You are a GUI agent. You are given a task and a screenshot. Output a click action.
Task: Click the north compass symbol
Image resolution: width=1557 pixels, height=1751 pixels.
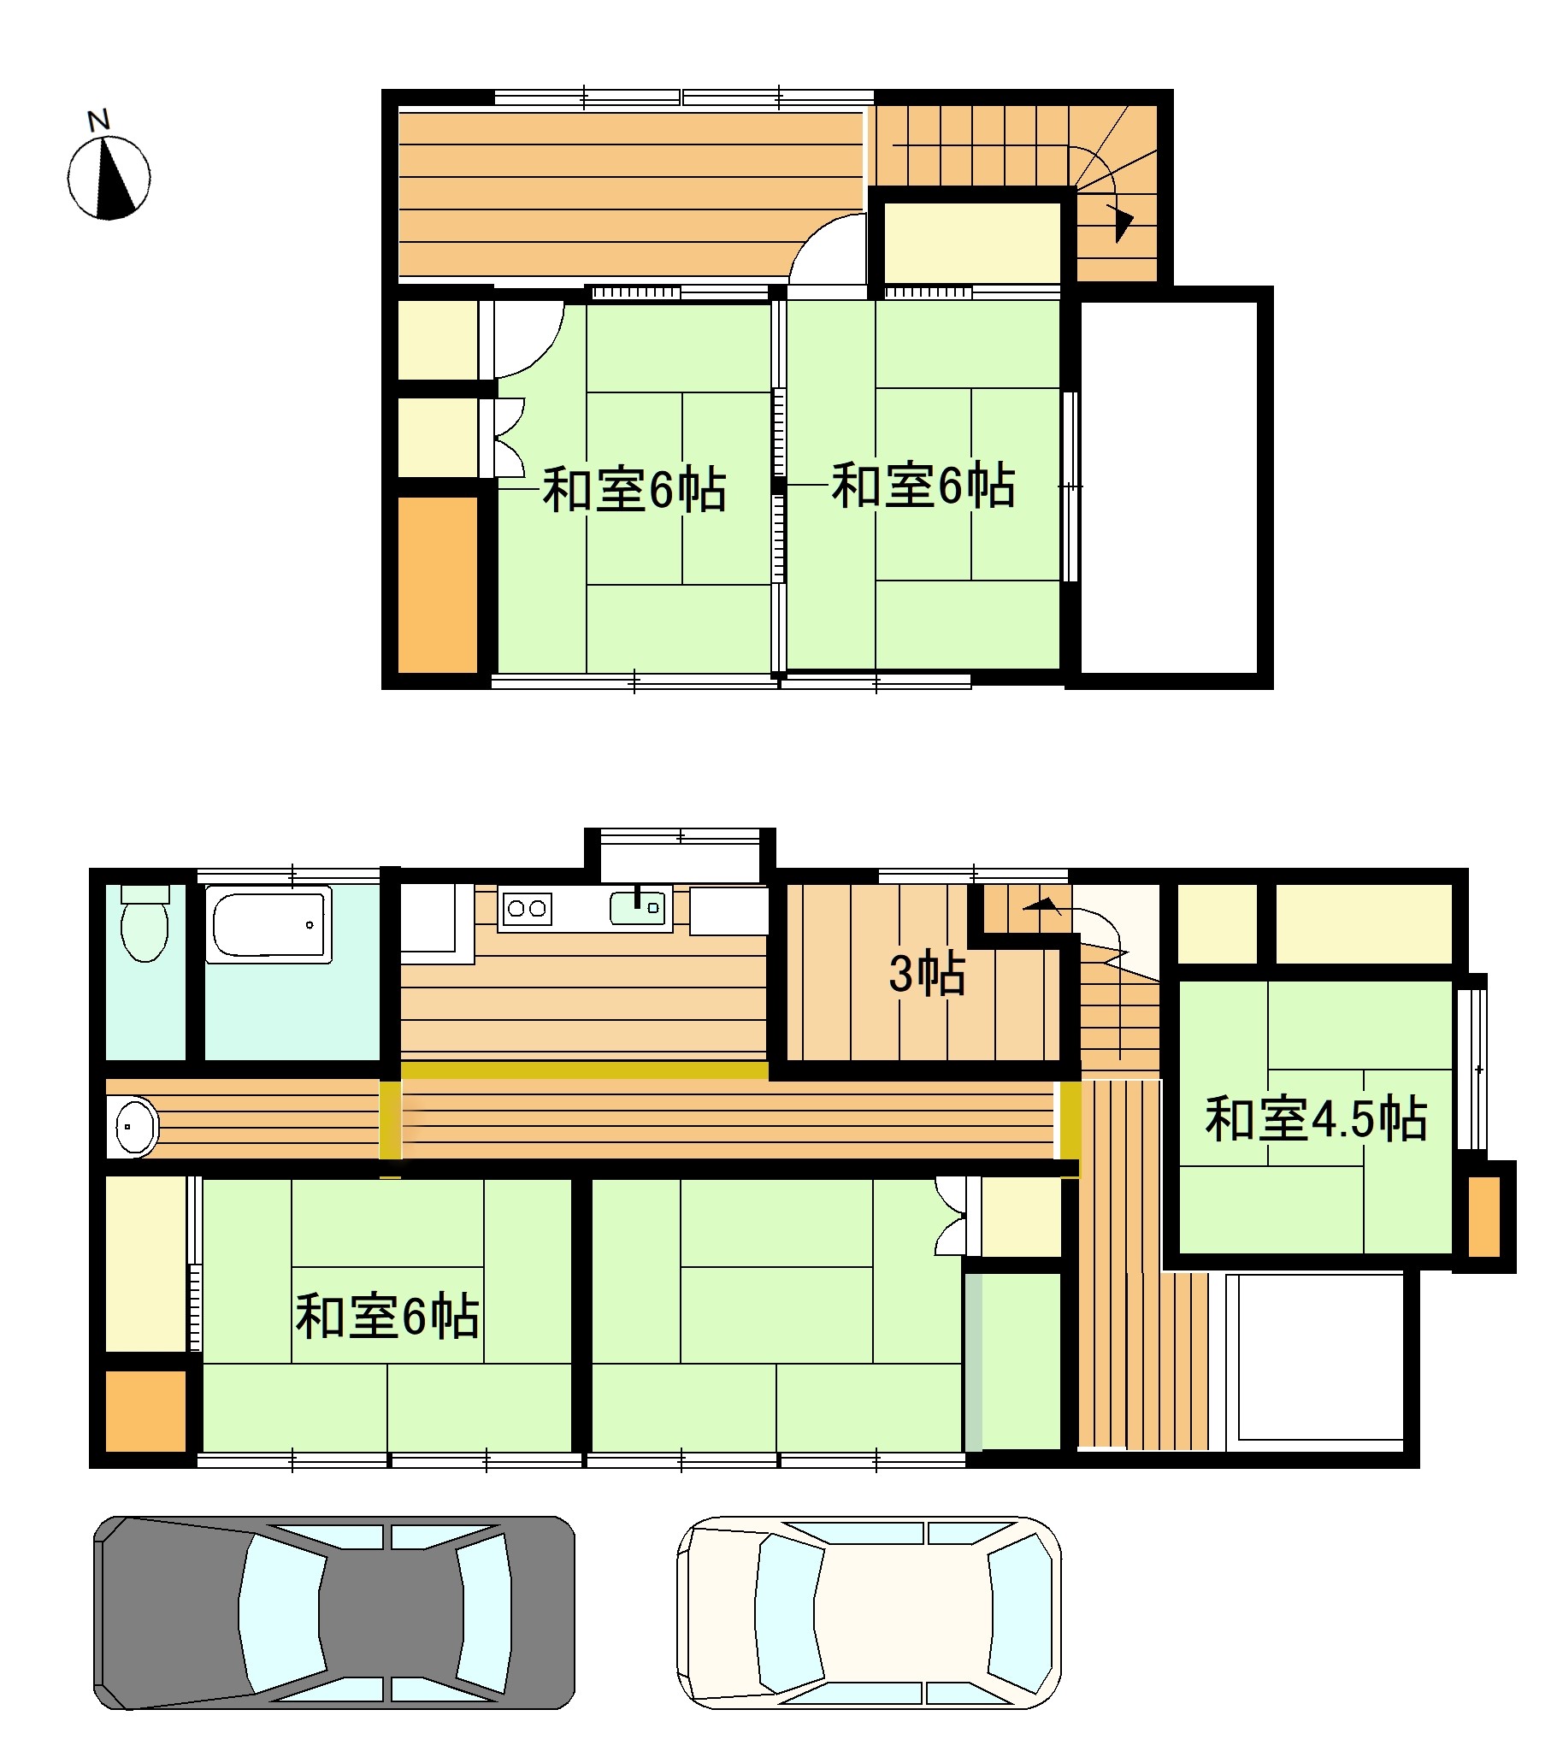(x=109, y=178)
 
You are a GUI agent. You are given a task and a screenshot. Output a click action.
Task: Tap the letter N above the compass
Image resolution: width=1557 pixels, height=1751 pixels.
(x=99, y=121)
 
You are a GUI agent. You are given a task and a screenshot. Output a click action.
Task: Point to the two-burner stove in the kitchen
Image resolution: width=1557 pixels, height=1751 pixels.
(x=526, y=909)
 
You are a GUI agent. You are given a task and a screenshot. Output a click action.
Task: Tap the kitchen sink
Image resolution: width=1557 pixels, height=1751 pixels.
(x=638, y=907)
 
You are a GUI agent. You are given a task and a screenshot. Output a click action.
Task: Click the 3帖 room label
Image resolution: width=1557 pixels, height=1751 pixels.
(x=927, y=975)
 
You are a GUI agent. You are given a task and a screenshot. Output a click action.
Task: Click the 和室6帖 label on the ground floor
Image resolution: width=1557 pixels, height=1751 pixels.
(x=387, y=1317)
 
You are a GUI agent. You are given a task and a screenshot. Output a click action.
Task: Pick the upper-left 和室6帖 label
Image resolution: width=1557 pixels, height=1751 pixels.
(x=634, y=491)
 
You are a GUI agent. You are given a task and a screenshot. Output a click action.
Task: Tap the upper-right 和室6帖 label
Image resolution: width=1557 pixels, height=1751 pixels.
(x=923, y=486)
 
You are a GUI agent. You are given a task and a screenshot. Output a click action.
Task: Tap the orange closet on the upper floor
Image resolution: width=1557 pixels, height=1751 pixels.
(x=437, y=584)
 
